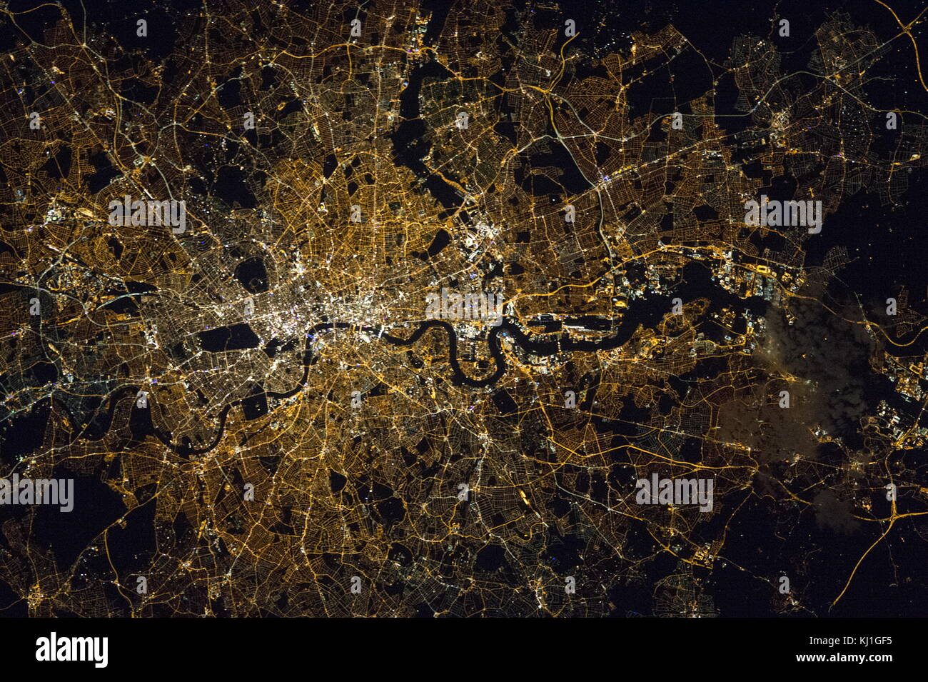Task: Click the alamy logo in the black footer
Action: pos(71,650)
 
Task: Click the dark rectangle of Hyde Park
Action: pos(227,337)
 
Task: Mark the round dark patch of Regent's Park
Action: pos(251,273)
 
